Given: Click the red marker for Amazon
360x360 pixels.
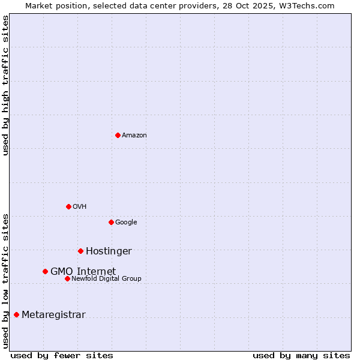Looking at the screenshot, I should coord(118,135).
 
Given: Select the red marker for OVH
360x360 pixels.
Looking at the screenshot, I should coord(68,206).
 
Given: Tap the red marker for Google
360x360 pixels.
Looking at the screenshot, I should coord(111,222).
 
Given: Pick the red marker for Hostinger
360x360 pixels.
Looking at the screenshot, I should coord(80,251).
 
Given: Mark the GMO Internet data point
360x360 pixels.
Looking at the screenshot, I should coord(45,271).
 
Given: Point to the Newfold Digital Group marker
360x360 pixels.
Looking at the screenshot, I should coord(67,278).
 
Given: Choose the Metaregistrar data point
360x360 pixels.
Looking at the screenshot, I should coord(16,314).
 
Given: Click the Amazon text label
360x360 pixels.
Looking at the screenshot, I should coord(134,136).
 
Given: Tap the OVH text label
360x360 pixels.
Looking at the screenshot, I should coord(80,207).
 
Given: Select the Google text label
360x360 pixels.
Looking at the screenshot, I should coord(126,223).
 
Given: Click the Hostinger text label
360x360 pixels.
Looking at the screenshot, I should coord(109,251).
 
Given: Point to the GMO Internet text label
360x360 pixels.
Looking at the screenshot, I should coord(83,272).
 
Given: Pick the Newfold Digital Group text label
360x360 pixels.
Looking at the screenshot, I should coord(106,279).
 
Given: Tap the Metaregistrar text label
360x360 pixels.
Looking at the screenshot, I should coord(53,315).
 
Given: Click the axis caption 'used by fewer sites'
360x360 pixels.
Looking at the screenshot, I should coord(62,355).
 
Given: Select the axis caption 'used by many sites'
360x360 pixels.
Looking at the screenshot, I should coord(301,355).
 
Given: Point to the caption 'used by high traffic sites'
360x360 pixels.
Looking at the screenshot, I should coord(6,85).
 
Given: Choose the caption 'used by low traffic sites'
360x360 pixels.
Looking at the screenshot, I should coord(6,280).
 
